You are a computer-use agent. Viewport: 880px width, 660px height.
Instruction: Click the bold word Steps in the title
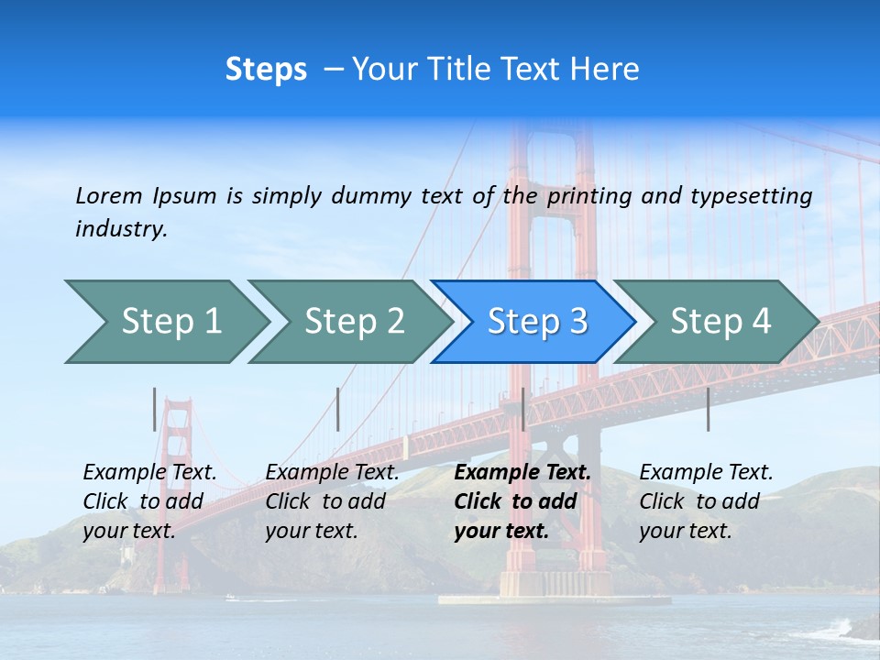tap(266, 70)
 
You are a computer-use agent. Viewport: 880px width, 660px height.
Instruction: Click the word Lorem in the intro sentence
tap(109, 195)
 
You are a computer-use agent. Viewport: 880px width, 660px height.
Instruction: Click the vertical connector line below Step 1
tap(154, 409)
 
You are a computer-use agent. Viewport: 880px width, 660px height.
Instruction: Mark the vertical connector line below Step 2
tap(338, 409)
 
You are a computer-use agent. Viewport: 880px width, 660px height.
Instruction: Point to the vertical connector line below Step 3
tap(522, 409)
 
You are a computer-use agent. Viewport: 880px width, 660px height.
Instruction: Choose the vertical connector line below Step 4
tap(708, 409)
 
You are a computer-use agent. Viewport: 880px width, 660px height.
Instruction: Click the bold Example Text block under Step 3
tap(522, 501)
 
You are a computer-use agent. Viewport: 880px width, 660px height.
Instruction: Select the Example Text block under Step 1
tap(149, 501)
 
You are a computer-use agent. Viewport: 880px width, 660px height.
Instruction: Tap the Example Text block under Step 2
tap(332, 501)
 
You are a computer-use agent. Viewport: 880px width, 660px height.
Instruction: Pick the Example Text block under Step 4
tap(706, 501)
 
